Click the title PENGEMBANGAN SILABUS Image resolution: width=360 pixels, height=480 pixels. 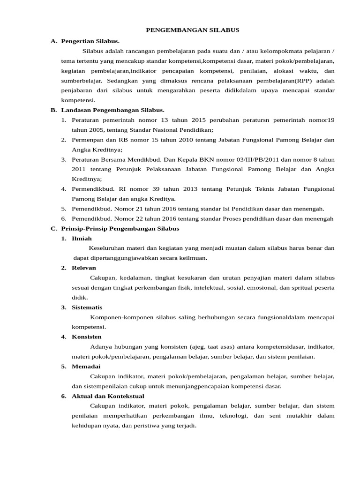click(x=192, y=30)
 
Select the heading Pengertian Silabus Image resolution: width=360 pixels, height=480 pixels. click(x=90, y=41)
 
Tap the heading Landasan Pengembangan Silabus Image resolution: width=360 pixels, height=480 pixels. click(x=113, y=110)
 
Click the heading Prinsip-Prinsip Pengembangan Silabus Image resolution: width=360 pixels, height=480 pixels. click(x=120, y=228)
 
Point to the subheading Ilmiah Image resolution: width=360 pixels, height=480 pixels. click(x=82, y=238)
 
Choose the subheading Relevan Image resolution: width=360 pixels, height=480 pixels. click(x=83, y=268)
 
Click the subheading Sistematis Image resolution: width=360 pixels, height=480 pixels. click(x=87, y=307)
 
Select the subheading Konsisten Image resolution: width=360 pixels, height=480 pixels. click(x=86, y=337)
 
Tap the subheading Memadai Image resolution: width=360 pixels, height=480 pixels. click(x=86, y=366)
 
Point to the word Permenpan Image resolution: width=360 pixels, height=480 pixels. click(x=87, y=140)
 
